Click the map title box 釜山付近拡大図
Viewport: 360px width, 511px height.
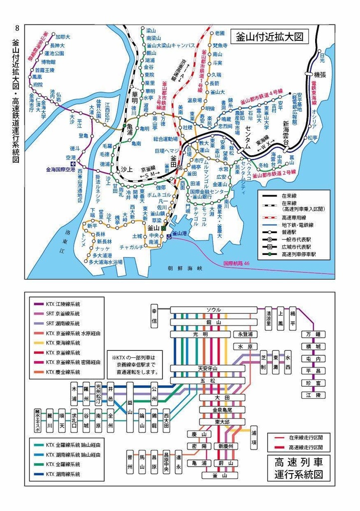269,37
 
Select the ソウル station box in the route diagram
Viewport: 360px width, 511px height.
213,310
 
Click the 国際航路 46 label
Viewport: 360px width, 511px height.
236,262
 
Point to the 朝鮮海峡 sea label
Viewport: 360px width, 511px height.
185,268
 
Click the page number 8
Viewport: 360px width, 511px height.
17,28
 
